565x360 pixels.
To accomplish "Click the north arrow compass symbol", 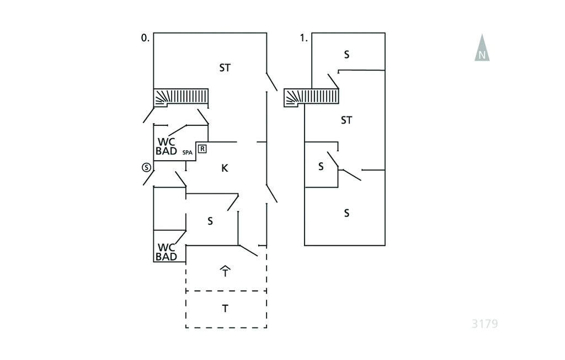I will coord(482,48).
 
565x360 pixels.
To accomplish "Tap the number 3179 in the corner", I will coord(484,324).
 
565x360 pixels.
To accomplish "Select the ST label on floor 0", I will coord(225,68).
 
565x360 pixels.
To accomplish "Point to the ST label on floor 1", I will coord(347,120).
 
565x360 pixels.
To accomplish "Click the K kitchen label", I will coord(225,168).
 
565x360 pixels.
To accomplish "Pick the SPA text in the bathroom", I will coord(188,152).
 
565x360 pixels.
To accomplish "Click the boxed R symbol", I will coord(202,149).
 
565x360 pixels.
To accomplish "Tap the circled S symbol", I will coord(146,167).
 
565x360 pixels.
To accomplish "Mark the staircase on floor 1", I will coord(312,98).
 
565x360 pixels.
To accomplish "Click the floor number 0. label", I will coord(145,38).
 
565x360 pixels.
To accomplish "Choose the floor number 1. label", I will coord(303,38).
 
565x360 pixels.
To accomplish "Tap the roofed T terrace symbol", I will coord(225,271).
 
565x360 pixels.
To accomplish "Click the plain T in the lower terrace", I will coord(225,309).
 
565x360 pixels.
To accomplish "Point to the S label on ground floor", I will coord(210,221).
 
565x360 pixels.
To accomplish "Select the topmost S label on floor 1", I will coord(347,55).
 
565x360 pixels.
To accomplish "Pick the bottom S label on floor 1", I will coord(347,213).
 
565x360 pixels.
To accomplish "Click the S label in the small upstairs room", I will coord(321,166).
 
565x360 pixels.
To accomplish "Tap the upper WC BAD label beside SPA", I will coord(167,146).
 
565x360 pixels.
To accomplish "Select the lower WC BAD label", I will coord(167,252).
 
